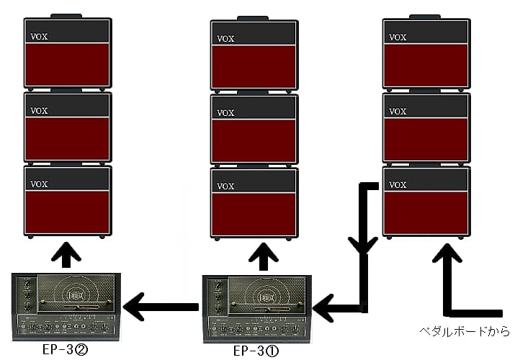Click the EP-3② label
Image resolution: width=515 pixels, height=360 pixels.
tap(65, 349)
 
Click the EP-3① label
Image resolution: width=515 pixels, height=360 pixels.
tap(256, 351)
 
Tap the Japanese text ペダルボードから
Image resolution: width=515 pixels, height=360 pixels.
tap(465, 330)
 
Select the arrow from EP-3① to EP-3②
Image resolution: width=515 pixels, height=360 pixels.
tap(161, 307)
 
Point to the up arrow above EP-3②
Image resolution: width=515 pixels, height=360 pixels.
tap(66, 255)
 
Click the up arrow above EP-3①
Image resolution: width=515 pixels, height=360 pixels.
tap(264, 256)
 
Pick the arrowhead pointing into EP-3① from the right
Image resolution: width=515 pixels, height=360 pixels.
tap(323, 308)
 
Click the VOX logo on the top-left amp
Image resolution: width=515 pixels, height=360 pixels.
tap(39, 37)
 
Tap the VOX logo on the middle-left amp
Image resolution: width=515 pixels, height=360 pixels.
tap(39, 111)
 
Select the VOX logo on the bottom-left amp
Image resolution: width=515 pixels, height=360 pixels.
tap(39, 184)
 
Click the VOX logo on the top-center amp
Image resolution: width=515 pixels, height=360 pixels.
tap(225, 39)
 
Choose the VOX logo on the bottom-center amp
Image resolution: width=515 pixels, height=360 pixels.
tap(225, 186)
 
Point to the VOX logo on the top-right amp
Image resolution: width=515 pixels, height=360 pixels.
tap(398, 37)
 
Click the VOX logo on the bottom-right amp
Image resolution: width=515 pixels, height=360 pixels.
tap(398, 185)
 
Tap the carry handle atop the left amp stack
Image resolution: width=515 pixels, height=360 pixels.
tap(66, 16)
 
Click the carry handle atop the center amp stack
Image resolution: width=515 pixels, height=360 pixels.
tap(253, 18)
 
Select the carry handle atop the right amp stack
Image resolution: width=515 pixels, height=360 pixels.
tap(425, 17)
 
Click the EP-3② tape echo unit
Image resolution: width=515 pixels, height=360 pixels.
tap(66, 307)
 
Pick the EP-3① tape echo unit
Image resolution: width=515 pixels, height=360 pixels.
tap(257, 309)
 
